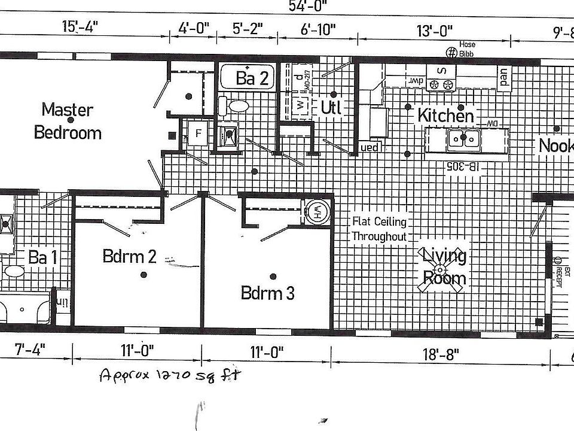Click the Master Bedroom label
(x=68, y=121)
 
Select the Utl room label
(x=331, y=108)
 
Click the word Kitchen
(x=445, y=115)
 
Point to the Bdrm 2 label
(x=129, y=257)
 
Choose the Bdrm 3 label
(x=267, y=293)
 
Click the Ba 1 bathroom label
(x=43, y=257)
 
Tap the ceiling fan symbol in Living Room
(x=442, y=270)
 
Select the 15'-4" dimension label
(x=79, y=28)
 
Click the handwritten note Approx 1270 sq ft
(x=170, y=375)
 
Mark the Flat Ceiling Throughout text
(x=379, y=229)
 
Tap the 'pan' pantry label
(x=503, y=78)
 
